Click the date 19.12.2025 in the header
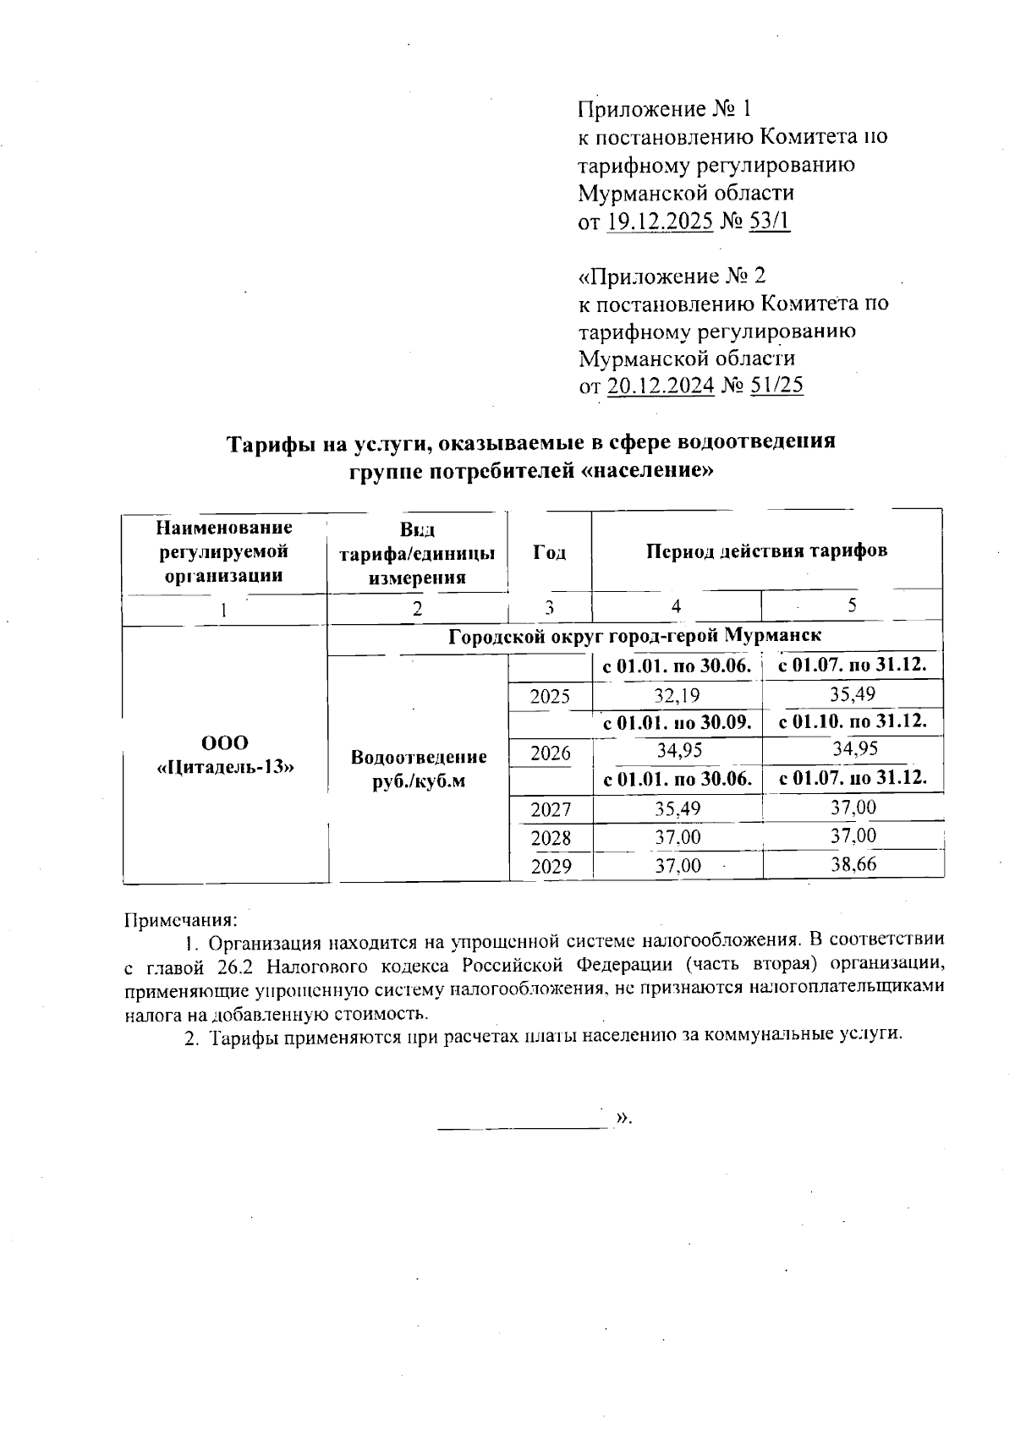pyautogui.click(x=660, y=222)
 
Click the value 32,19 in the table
pyautogui.click(x=677, y=696)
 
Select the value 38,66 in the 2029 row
pyautogui.click(x=853, y=864)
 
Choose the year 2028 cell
pyautogui.click(x=550, y=838)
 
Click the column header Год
pyautogui.click(x=550, y=552)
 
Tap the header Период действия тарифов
pyautogui.click(x=766, y=551)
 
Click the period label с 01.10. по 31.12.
pyautogui.click(x=853, y=721)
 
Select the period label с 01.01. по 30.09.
pyautogui.click(x=677, y=723)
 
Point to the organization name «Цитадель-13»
pyautogui.click(x=225, y=767)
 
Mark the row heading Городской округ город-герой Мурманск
pyautogui.click(x=634, y=635)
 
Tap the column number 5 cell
pyautogui.click(x=853, y=605)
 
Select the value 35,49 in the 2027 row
pyautogui.click(x=677, y=808)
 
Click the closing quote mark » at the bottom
pyautogui.click(x=623, y=1117)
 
